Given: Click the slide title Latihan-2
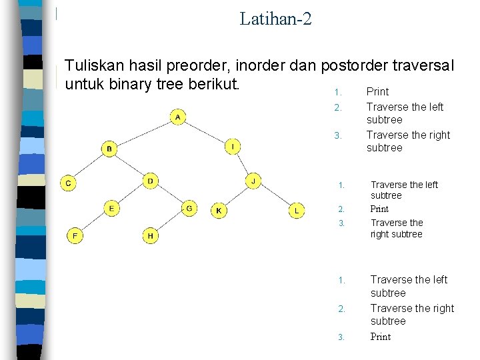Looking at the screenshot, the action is (x=275, y=18).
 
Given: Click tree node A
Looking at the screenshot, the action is (x=178, y=118).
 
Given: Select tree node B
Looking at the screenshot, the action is (x=109, y=148).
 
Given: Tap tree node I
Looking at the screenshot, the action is (x=233, y=146).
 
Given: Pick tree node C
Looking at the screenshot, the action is (x=69, y=183).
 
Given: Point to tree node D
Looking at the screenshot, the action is (x=151, y=181).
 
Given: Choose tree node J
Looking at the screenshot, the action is (x=253, y=181).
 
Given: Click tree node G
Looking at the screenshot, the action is (x=189, y=209).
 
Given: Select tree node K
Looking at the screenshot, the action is (x=219, y=211).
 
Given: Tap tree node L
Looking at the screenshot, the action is (x=297, y=211).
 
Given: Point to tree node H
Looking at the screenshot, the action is (x=151, y=235).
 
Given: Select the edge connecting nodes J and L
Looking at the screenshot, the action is (x=275, y=195).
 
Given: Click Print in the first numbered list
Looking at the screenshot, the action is (x=377, y=91).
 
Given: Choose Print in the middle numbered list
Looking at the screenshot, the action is (x=379, y=209).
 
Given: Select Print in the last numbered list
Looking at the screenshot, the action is (x=381, y=337).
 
